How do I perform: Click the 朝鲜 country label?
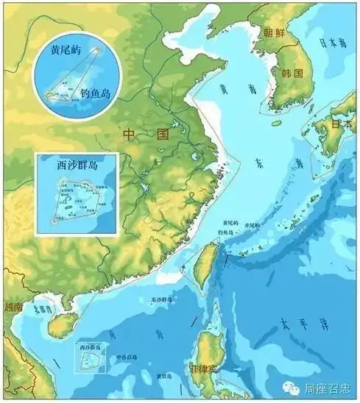pyautogui.click(x=274, y=33)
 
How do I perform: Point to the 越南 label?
pyautogui.click(x=13, y=307)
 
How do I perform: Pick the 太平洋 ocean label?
pyautogui.click(x=294, y=324)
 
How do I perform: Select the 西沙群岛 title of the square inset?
pyautogui.click(x=77, y=165)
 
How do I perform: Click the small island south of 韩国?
pyautogui.click(x=276, y=123)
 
